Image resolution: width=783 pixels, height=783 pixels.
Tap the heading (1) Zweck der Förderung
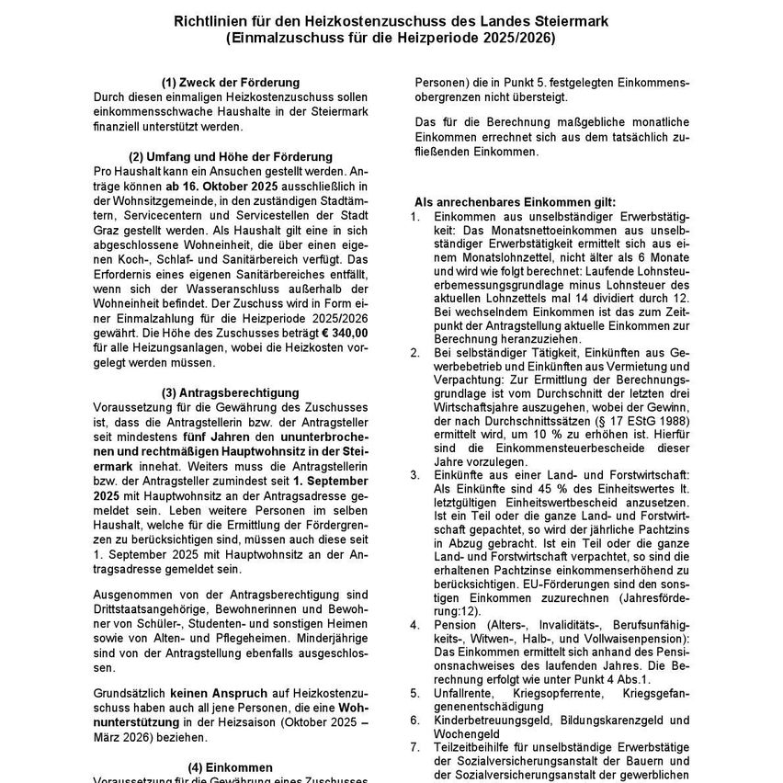231,83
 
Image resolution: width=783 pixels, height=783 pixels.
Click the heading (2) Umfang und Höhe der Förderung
231,157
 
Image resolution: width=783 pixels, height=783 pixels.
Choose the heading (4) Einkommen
231,766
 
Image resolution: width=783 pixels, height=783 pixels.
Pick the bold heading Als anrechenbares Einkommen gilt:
516,201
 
